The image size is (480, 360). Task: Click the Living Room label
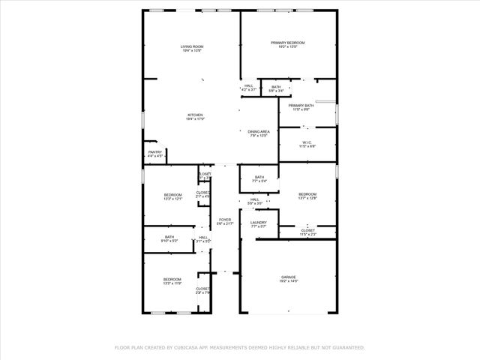pyautogui.click(x=192, y=46)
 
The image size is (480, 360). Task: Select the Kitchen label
pyautogui.click(x=195, y=115)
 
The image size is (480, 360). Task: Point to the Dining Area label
pyautogui.click(x=259, y=131)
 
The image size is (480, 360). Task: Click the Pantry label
pyautogui.click(x=155, y=152)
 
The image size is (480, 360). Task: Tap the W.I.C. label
pyautogui.click(x=307, y=142)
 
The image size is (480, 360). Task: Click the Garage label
pyautogui.click(x=289, y=277)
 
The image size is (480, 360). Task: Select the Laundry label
pyautogui.click(x=259, y=222)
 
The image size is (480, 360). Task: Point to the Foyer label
pyautogui.click(x=225, y=219)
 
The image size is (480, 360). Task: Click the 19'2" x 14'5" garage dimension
pyautogui.click(x=289, y=281)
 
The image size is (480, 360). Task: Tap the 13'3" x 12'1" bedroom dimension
pyautogui.click(x=173, y=199)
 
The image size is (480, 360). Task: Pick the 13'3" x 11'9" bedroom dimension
pyautogui.click(x=172, y=283)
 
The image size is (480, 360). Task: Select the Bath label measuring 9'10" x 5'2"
pyautogui.click(x=169, y=237)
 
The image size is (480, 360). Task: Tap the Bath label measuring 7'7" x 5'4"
pyautogui.click(x=259, y=177)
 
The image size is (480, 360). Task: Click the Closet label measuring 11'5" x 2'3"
pyautogui.click(x=308, y=230)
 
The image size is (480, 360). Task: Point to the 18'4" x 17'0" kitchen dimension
pyautogui.click(x=195, y=119)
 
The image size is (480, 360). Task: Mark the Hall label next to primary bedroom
pyautogui.click(x=249, y=85)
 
